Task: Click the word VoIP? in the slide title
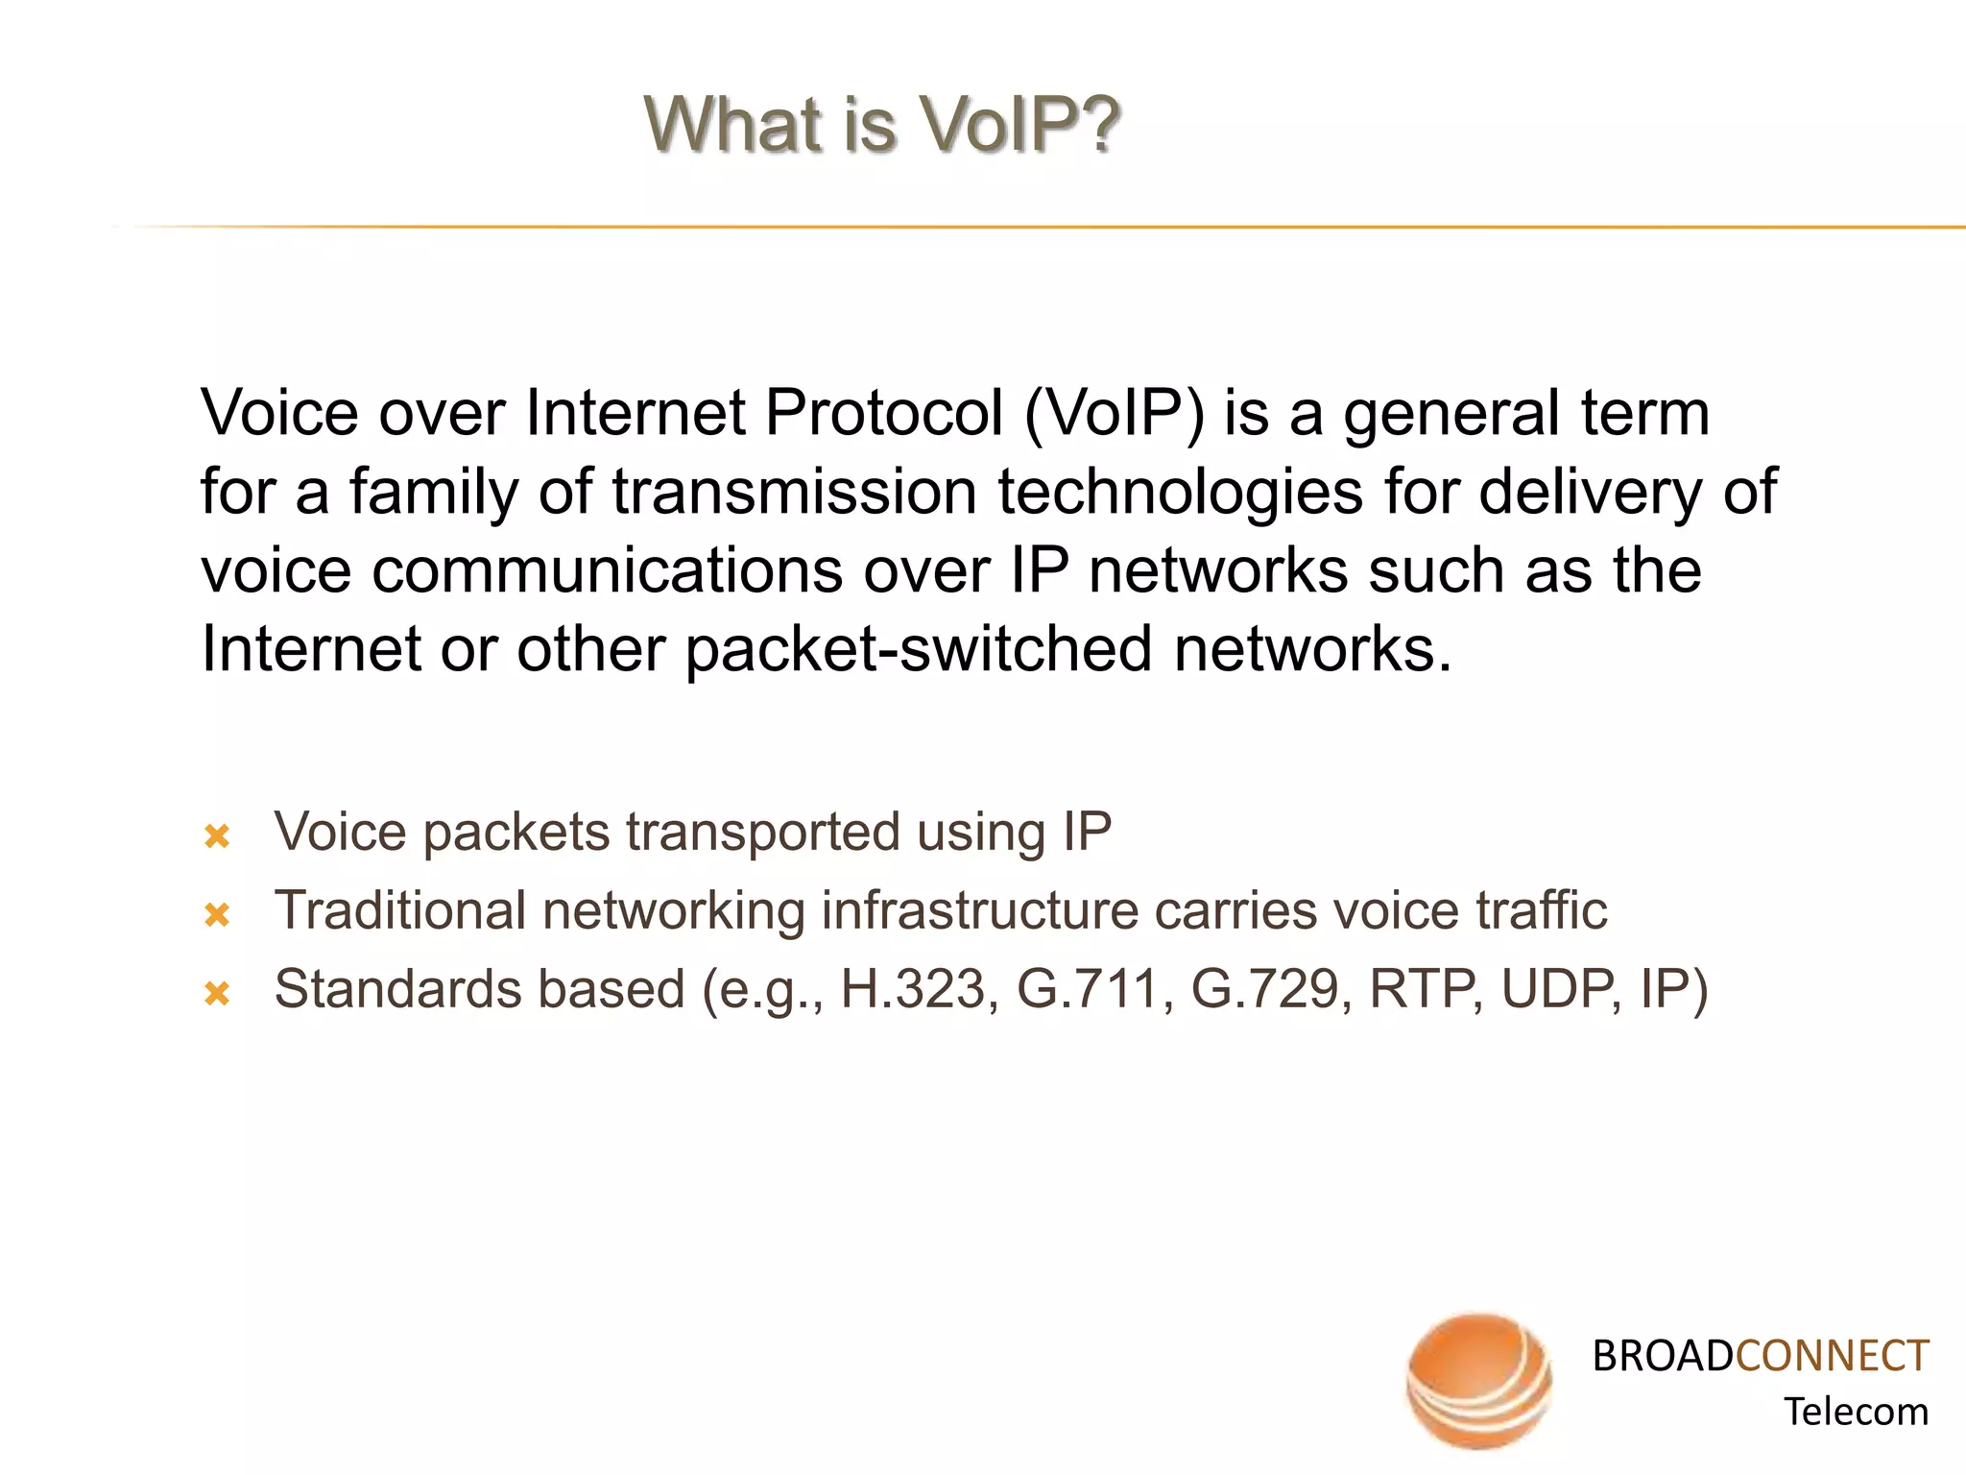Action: coord(1019,125)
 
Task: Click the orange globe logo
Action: coord(1478,1381)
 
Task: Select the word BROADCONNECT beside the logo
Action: coord(1760,1356)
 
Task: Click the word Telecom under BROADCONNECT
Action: coord(1855,1412)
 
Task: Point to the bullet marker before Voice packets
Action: coord(218,836)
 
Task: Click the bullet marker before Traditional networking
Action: coord(218,915)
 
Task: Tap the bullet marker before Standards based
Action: coord(218,994)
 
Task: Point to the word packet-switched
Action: coord(918,651)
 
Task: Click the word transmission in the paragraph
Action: coord(795,493)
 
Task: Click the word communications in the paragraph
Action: coord(608,571)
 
